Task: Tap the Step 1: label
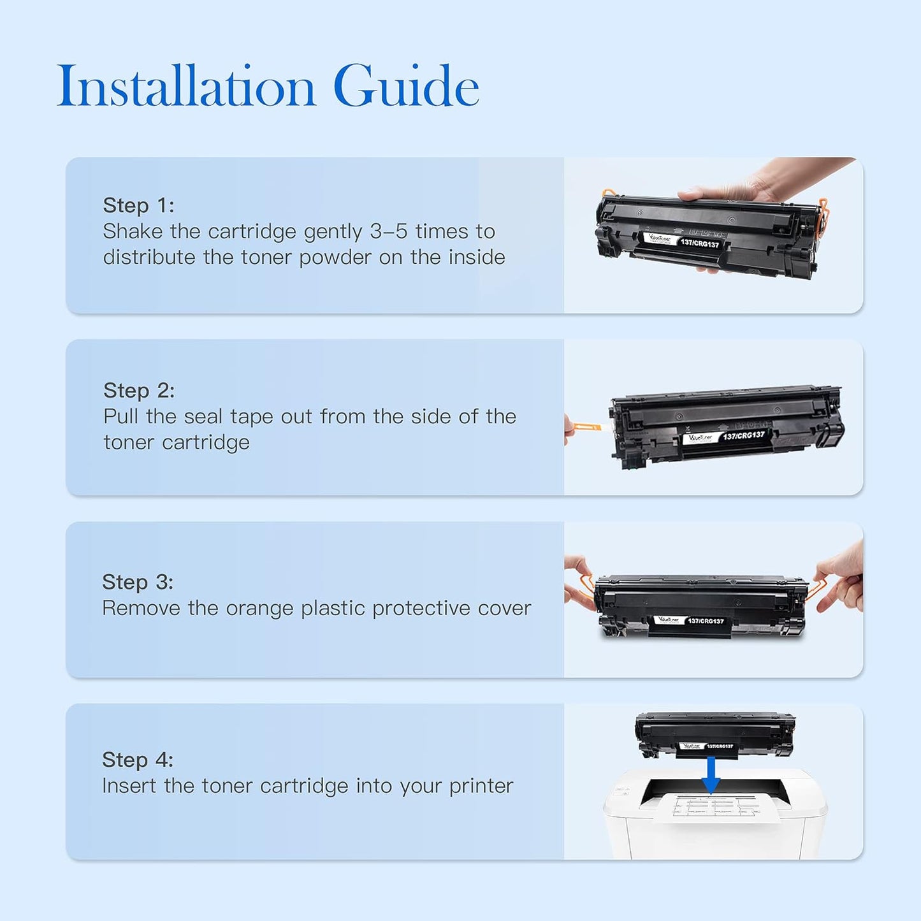tap(138, 205)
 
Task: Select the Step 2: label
tap(139, 390)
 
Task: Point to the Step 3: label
tap(138, 582)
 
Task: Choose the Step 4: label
tap(138, 760)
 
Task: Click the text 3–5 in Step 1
tap(388, 231)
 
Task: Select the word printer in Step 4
tap(481, 786)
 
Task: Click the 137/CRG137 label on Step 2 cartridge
tap(743, 436)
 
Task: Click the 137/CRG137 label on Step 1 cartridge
tap(700, 243)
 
